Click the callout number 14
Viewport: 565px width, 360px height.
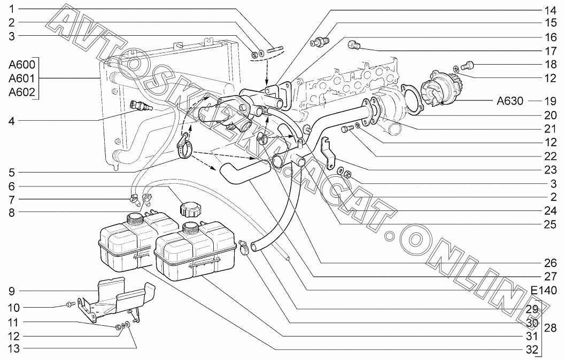[550, 10]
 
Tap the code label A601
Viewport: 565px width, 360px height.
[22, 79]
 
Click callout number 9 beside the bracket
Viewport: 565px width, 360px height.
[11, 291]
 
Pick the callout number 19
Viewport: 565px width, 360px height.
[550, 100]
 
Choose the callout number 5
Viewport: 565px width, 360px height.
[11, 173]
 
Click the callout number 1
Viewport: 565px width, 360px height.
[11, 9]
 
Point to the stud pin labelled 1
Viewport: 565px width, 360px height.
[275, 51]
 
